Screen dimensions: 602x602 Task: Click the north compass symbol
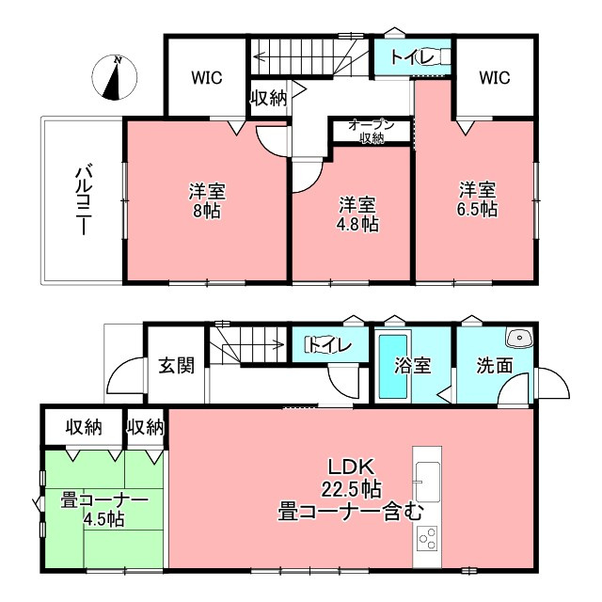click(x=115, y=77)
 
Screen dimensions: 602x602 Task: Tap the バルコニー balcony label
click(x=84, y=199)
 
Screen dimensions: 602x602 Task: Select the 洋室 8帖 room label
click(x=207, y=200)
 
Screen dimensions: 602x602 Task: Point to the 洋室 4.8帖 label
click(x=357, y=214)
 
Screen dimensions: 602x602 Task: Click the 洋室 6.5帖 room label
click(x=478, y=199)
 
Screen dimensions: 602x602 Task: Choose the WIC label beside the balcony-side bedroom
click(x=207, y=78)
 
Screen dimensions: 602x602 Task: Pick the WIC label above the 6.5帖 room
click(x=495, y=77)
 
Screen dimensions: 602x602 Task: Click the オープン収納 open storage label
click(x=372, y=132)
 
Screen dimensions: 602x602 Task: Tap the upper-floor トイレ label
click(x=412, y=57)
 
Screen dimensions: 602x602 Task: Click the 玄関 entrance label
click(x=177, y=365)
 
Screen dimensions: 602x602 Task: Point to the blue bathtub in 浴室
click(x=393, y=367)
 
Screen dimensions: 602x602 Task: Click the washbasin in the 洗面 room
click(x=519, y=338)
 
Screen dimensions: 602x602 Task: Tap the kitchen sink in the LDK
click(x=428, y=482)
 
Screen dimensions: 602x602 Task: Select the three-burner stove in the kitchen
click(x=427, y=539)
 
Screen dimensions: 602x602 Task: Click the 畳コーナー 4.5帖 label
click(x=104, y=511)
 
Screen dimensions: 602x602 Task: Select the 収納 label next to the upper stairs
click(x=269, y=99)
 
